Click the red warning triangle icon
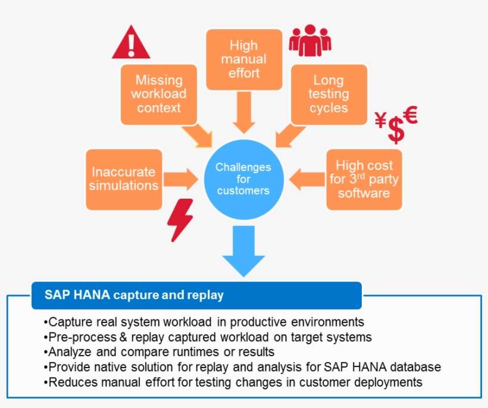click(x=131, y=43)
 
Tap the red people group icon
click(x=309, y=40)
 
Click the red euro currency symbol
click(x=410, y=114)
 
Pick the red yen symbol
click(x=381, y=121)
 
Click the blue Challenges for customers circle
click(x=243, y=179)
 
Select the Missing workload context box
click(x=159, y=94)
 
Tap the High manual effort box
click(x=244, y=59)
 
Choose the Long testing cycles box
click(x=329, y=94)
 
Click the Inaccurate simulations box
click(x=124, y=179)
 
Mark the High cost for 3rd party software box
click(x=364, y=179)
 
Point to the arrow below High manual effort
click(x=244, y=112)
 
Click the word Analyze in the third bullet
click(x=67, y=352)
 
